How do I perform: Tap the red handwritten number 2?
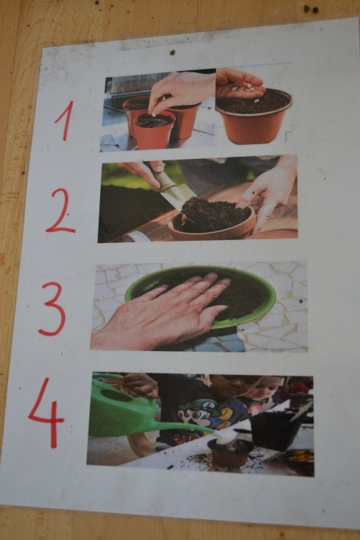[61, 211]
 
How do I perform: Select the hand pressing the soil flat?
[162, 312]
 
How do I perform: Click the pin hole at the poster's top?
[173, 52]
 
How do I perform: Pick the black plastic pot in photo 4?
[275, 430]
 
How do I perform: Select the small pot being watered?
[230, 452]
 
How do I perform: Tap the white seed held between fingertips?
[154, 113]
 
